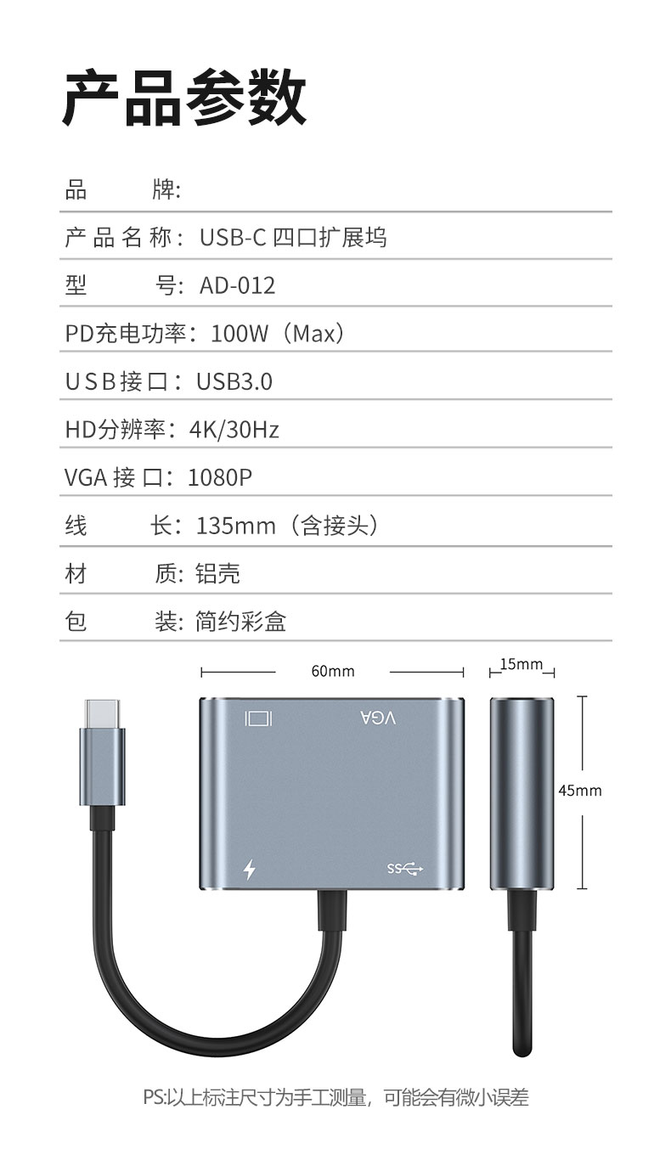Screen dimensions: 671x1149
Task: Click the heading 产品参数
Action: [184, 98]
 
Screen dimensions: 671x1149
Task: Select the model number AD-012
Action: [238, 285]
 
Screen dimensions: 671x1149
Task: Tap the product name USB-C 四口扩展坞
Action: [293, 238]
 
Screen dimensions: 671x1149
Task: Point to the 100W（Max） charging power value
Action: [278, 334]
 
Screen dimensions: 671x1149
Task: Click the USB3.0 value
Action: [234, 381]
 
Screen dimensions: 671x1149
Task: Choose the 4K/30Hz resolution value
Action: [234, 430]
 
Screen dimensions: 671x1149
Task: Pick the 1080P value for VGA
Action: [220, 477]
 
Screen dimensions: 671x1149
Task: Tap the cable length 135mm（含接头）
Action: [287, 526]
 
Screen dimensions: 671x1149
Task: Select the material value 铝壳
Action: [217, 573]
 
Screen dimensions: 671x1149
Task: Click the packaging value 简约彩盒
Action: [240, 622]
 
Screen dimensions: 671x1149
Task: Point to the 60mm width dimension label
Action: [333, 671]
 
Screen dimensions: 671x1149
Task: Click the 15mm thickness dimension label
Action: [522, 664]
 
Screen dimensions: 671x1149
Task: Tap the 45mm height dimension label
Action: [580, 791]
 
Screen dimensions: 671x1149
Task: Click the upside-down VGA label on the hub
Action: [378, 718]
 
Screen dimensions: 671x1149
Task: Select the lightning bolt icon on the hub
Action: [250, 869]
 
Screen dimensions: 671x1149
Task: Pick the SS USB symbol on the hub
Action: [405, 869]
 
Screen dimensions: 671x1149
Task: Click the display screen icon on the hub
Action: [258, 718]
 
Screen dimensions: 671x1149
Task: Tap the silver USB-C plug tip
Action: [103, 713]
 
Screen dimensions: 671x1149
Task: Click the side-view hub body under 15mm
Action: [522, 793]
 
